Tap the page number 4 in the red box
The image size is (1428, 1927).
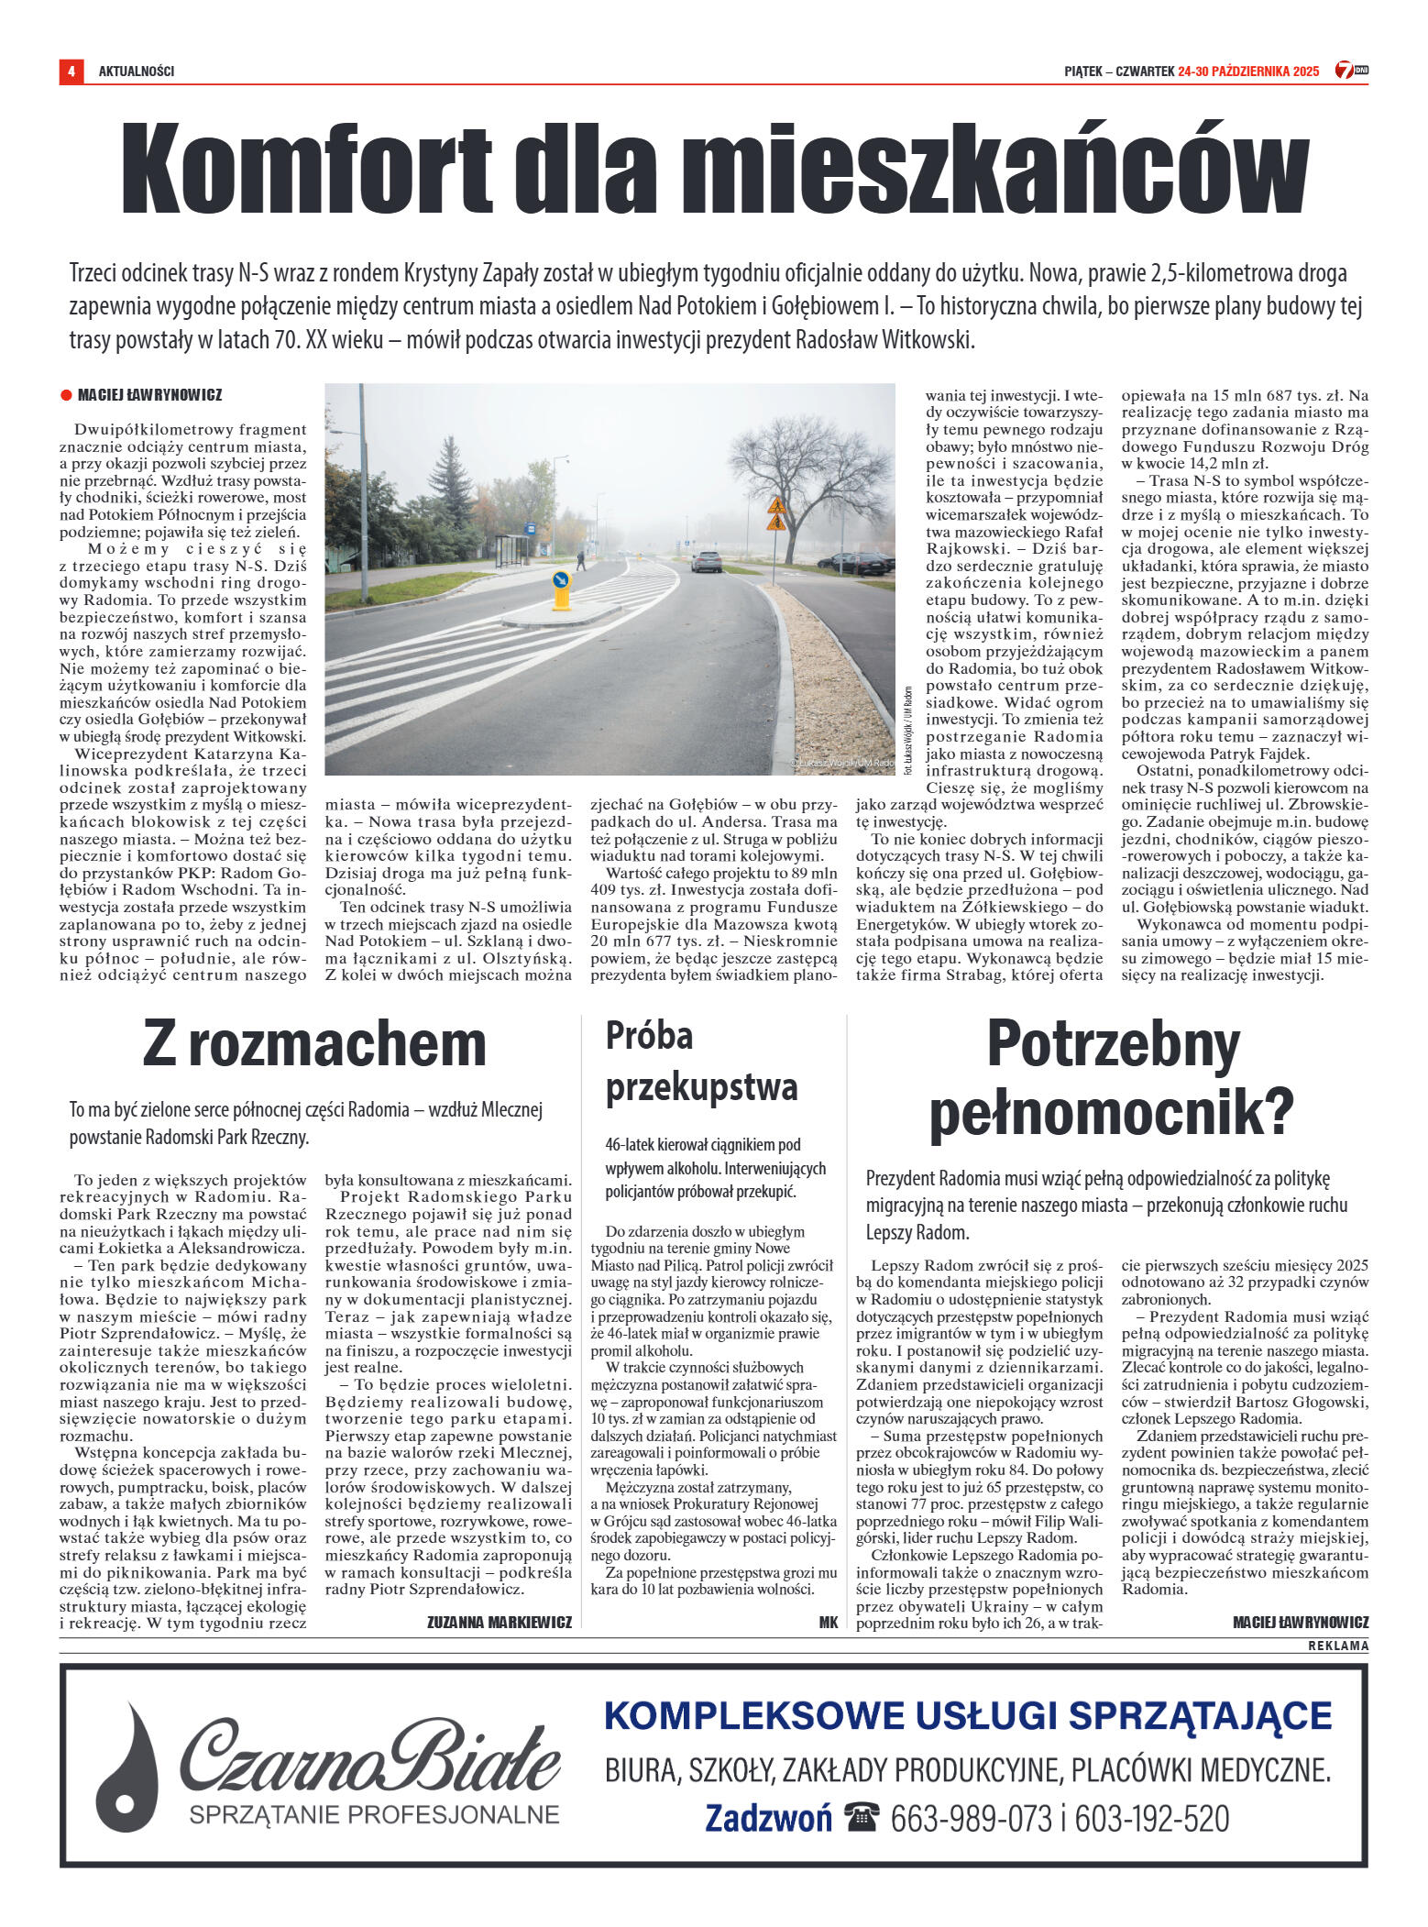71,72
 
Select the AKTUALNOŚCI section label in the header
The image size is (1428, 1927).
137,72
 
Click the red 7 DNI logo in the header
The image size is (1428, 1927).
1351,71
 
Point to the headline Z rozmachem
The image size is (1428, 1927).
314,1044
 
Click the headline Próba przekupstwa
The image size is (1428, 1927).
701,1062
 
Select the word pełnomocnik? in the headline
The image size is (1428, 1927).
1111,1112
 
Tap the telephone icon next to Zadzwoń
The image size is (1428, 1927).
862,1817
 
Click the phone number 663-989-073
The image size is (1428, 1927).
971,1818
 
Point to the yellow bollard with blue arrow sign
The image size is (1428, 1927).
561,590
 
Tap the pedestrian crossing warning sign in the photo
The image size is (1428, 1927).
776,513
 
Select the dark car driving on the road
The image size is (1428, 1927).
706,561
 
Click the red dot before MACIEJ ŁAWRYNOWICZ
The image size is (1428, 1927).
66,396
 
